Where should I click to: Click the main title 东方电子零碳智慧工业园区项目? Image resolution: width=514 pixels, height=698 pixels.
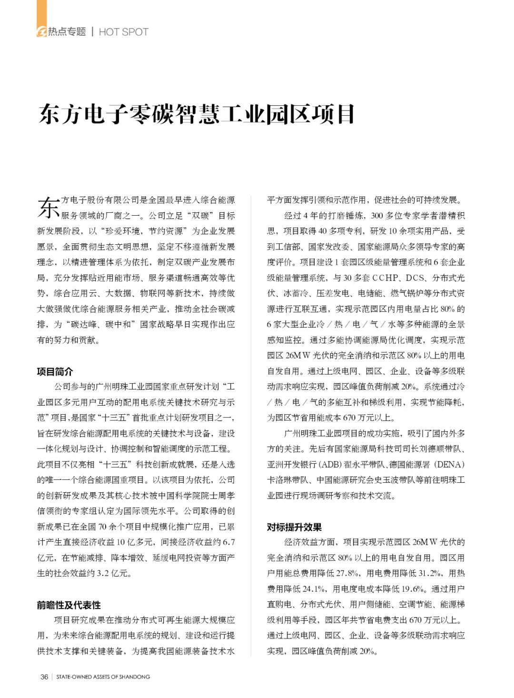pyautogui.click(x=196, y=115)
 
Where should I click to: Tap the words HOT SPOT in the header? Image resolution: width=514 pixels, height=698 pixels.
pyautogui.click(x=124, y=32)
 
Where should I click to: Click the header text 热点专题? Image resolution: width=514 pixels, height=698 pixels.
pyautogui.click(x=67, y=32)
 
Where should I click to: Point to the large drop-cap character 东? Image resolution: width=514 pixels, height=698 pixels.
pyautogui.click(x=48, y=207)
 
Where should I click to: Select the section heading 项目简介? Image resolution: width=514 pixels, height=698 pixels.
pyautogui.click(x=55, y=371)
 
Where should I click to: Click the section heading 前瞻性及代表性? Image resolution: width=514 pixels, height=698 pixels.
pyautogui.click(x=69, y=605)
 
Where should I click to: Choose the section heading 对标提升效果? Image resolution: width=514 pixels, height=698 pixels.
pyautogui.click(x=294, y=527)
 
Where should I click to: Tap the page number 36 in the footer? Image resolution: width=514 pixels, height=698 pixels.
pyautogui.click(x=44, y=677)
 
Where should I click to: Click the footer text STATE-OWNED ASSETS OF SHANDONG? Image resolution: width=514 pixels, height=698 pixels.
pyautogui.click(x=103, y=677)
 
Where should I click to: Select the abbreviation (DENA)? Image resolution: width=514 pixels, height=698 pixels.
pyautogui.click(x=449, y=464)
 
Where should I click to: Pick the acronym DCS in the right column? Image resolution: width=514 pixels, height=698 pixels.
pyautogui.click(x=415, y=278)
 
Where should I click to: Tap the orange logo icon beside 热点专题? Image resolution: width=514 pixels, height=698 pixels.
pyautogui.click(x=42, y=31)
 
